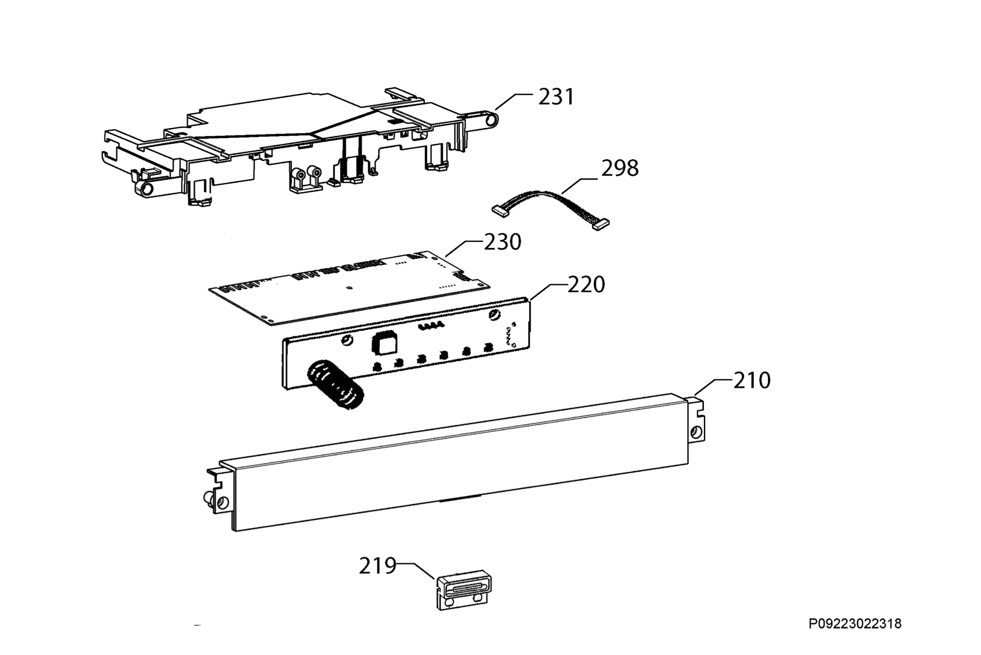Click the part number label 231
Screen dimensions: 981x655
click(x=556, y=97)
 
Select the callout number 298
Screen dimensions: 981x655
click(x=619, y=168)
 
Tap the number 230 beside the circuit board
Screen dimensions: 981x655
click(x=502, y=242)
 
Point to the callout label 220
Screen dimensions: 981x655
click(x=586, y=285)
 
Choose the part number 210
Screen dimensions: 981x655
click(x=752, y=381)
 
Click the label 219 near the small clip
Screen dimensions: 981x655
click(x=378, y=566)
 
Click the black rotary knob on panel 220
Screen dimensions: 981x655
click(x=335, y=385)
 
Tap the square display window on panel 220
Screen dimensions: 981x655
click(x=384, y=344)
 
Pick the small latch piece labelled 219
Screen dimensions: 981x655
click(x=464, y=590)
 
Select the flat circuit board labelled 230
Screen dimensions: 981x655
click(x=349, y=288)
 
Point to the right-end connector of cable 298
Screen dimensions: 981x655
click(x=600, y=225)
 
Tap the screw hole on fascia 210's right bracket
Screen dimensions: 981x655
click(x=697, y=432)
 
